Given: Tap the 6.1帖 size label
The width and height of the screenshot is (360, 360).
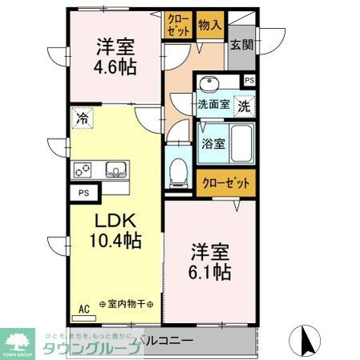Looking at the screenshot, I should pos(211,273).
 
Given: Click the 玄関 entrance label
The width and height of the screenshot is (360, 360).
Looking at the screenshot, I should pos(240,45).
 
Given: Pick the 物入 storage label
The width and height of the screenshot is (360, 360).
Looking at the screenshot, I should pos(209,26).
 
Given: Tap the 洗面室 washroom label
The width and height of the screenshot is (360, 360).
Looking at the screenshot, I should pos(214,103).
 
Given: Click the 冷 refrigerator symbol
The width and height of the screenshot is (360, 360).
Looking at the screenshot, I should pos(83,119).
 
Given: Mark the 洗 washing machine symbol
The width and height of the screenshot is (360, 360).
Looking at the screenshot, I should pos(242,103).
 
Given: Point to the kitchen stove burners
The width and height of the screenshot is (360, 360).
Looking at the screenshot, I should pos(85,169).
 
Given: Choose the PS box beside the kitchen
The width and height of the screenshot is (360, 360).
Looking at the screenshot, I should pos(83,193).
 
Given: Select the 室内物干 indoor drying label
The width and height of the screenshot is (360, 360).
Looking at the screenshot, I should pos(131,305).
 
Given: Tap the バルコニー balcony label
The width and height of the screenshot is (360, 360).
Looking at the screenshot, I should pos(164,342).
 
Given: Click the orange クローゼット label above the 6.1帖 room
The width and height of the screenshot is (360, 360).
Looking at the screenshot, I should pos(226,183).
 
